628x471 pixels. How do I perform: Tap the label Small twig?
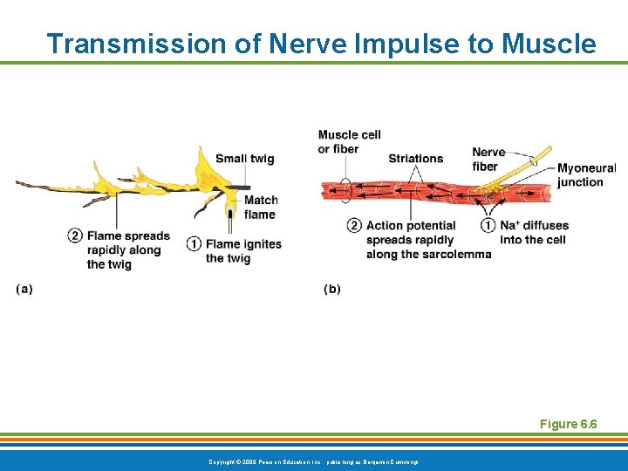[x=244, y=159]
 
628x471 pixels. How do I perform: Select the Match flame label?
[x=261, y=208]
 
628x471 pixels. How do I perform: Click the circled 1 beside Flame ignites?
[x=194, y=244]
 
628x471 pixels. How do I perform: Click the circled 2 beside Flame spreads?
[x=75, y=236]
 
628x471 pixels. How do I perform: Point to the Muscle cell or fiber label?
[x=349, y=141]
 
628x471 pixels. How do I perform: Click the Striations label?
[x=415, y=159]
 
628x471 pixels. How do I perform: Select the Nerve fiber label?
[x=488, y=160]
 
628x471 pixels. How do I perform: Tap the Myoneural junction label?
[x=586, y=175]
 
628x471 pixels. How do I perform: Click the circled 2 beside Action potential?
[x=354, y=226]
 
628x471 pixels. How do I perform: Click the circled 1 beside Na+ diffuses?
[x=488, y=226]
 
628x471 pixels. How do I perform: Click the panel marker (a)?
[x=24, y=289]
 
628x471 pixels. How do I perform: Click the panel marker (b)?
[x=332, y=289]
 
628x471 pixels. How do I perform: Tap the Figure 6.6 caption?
[x=568, y=424]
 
